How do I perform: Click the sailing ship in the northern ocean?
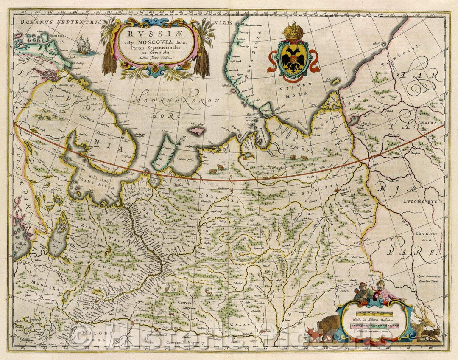86,45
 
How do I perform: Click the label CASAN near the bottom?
238,324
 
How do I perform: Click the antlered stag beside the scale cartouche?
424,325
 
